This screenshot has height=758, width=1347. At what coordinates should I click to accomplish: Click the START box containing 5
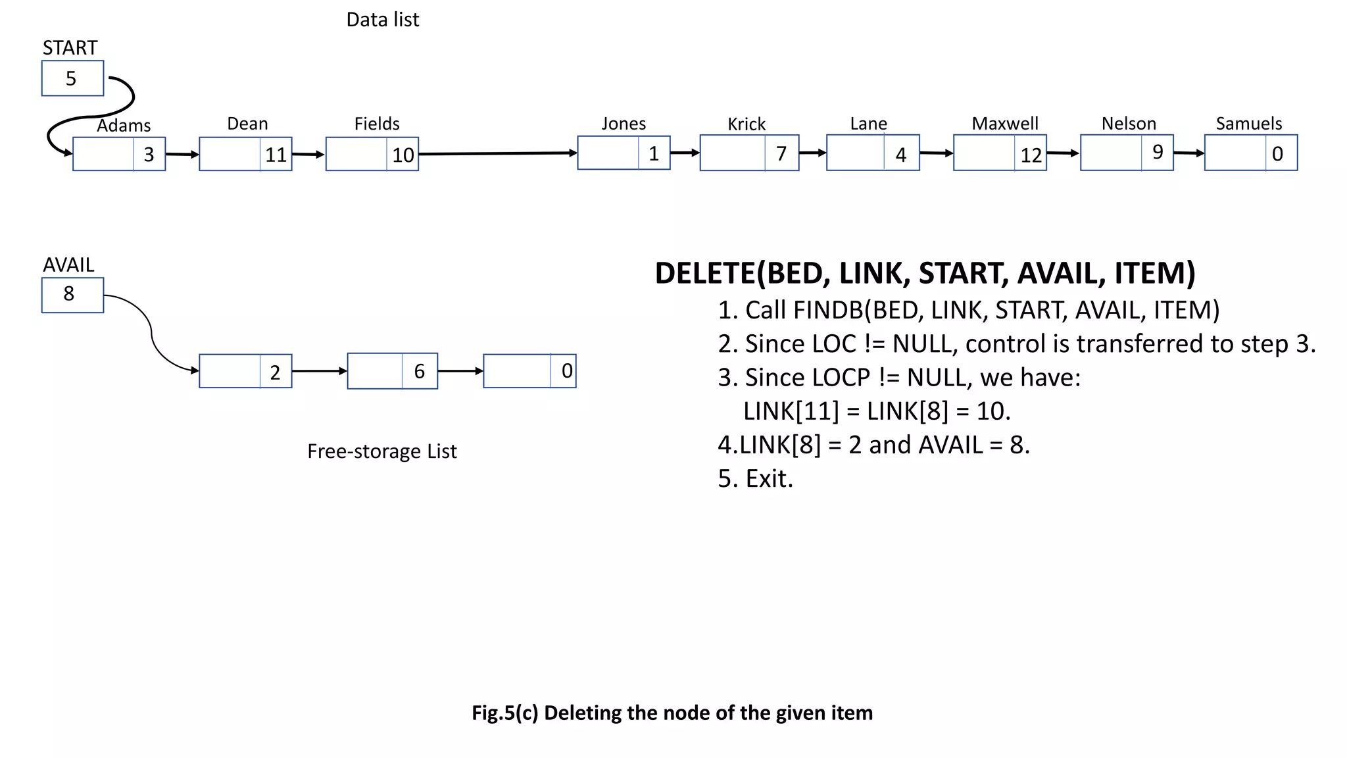click(72, 78)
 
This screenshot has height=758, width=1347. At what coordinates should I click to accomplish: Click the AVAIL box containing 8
click(72, 295)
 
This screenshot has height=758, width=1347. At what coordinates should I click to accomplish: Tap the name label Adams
click(124, 125)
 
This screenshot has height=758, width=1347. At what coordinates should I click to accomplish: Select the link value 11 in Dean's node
click(276, 155)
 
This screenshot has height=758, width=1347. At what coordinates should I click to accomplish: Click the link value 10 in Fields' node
click(403, 155)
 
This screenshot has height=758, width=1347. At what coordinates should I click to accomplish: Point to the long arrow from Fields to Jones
click(497, 153)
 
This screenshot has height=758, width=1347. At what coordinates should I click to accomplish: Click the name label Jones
click(624, 124)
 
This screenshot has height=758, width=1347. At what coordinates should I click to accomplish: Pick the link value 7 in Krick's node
click(781, 153)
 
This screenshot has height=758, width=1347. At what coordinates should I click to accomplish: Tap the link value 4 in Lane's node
click(901, 155)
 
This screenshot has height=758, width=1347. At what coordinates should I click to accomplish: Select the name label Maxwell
click(1005, 124)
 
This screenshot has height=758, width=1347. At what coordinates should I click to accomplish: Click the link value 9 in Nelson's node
click(1158, 152)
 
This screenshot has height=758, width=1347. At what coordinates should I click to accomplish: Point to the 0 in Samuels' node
click(1278, 154)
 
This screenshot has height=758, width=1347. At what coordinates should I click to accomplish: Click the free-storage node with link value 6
click(392, 371)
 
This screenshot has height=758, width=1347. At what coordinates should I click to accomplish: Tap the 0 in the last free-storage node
click(566, 371)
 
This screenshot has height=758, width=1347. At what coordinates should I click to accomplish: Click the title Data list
click(382, 20)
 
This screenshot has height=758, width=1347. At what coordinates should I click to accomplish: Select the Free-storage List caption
click(381, 451)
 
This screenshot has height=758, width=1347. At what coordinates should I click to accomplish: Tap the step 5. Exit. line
click(755, 478)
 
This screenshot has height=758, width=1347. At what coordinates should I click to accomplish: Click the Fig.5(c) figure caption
click(672, 713)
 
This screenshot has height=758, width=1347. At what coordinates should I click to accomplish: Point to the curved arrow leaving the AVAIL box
click(152, 332)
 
